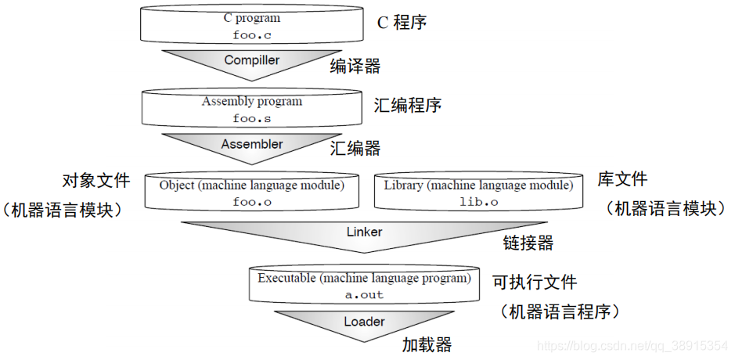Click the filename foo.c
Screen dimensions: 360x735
[x=251, y=35]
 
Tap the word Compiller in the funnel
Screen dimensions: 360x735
[x=252, y=60]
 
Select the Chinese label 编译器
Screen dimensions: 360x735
[x=355, y=67]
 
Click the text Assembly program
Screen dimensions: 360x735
[x=251, y=102]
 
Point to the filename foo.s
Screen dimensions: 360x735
[x=251, y=119]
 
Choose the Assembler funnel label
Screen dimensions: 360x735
[x=252, y=145]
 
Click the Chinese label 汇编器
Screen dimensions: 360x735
[x=355, y=148]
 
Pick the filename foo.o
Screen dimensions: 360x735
[x=251, y=202]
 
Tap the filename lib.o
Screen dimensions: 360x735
[x=478, y=202]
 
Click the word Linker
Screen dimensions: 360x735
[x=365, y=232]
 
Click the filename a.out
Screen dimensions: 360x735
[x=364, y=295]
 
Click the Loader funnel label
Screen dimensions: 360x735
[x=364, y=322]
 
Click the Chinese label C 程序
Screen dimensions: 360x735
[x=402, y=22]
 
